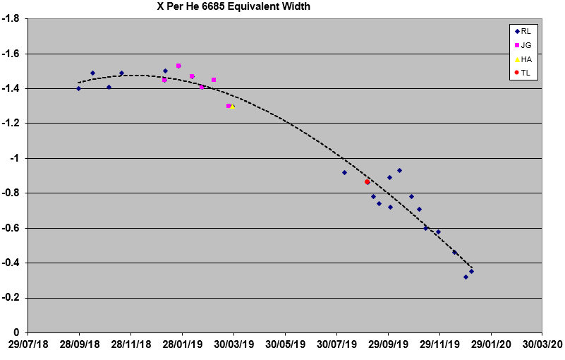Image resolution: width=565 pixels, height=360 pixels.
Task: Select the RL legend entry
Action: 521,32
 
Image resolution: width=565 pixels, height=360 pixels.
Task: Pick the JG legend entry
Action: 521,45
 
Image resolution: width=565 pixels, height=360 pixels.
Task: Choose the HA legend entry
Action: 521,59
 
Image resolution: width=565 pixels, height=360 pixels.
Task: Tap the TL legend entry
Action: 521,73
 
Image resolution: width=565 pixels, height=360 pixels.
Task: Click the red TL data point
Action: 367,182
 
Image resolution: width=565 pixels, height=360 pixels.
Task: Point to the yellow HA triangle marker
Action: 233,106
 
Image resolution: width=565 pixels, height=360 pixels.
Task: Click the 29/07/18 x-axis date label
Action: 28,346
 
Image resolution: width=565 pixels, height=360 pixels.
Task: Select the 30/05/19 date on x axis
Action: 286,346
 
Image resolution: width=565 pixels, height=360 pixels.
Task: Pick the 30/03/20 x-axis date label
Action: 542,346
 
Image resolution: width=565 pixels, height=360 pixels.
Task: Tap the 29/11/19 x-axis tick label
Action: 439,346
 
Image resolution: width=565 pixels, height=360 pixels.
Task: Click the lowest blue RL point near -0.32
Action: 466,277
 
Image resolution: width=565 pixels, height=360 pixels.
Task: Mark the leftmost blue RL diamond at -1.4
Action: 78,88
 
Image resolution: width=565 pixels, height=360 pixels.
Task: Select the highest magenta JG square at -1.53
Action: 178,66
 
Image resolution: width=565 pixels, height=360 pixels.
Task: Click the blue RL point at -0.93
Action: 399,170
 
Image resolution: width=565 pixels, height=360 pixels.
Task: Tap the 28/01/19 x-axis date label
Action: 183,346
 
